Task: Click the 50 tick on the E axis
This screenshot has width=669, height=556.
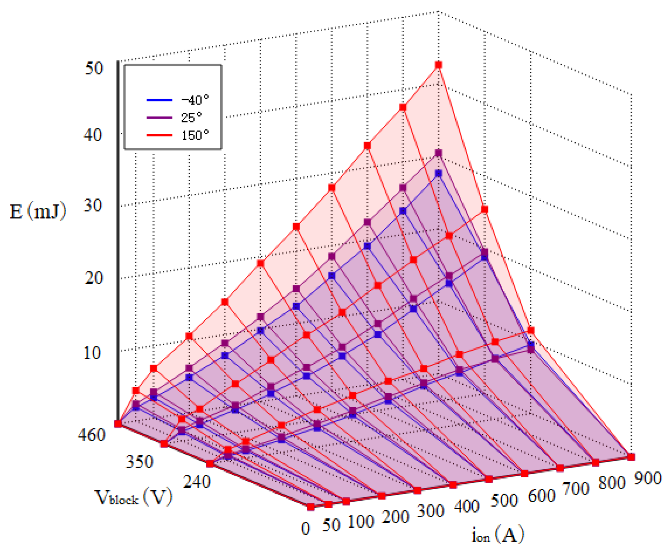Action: point(94,69)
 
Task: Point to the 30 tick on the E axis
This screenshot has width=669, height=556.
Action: point(93,206)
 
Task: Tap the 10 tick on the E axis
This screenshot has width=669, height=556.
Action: point(92,353)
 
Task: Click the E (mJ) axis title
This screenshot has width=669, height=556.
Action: point(38,212)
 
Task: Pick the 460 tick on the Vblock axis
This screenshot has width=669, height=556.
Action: point(91,435)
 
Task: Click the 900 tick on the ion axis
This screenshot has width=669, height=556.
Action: point(648,478)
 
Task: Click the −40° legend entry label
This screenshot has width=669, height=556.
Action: point(195,100)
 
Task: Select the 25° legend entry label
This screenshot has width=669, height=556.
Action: point(191,117)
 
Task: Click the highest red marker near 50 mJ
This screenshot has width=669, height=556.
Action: point(439,65)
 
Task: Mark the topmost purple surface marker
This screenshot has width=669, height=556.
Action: point(439,153)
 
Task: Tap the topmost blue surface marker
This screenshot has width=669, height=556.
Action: point(439,174)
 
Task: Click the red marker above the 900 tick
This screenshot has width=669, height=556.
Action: point(631,457)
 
